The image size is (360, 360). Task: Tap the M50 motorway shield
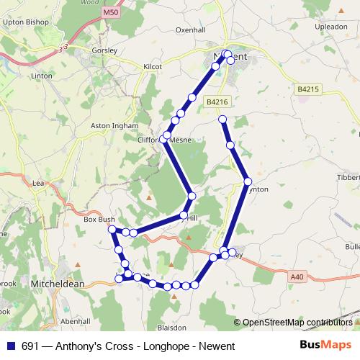point(110,13)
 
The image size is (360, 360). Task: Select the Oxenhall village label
point(191,30)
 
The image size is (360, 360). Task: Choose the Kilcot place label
point(153,66)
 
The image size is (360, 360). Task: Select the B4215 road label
point(307,89)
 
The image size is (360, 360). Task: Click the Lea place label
point(39,184)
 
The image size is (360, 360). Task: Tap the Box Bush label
point(99,220)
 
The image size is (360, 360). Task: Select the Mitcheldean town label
point(58,284)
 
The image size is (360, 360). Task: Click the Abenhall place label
point(76,321)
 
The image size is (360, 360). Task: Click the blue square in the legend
point(10,346)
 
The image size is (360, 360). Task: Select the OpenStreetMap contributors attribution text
point(297,323)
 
